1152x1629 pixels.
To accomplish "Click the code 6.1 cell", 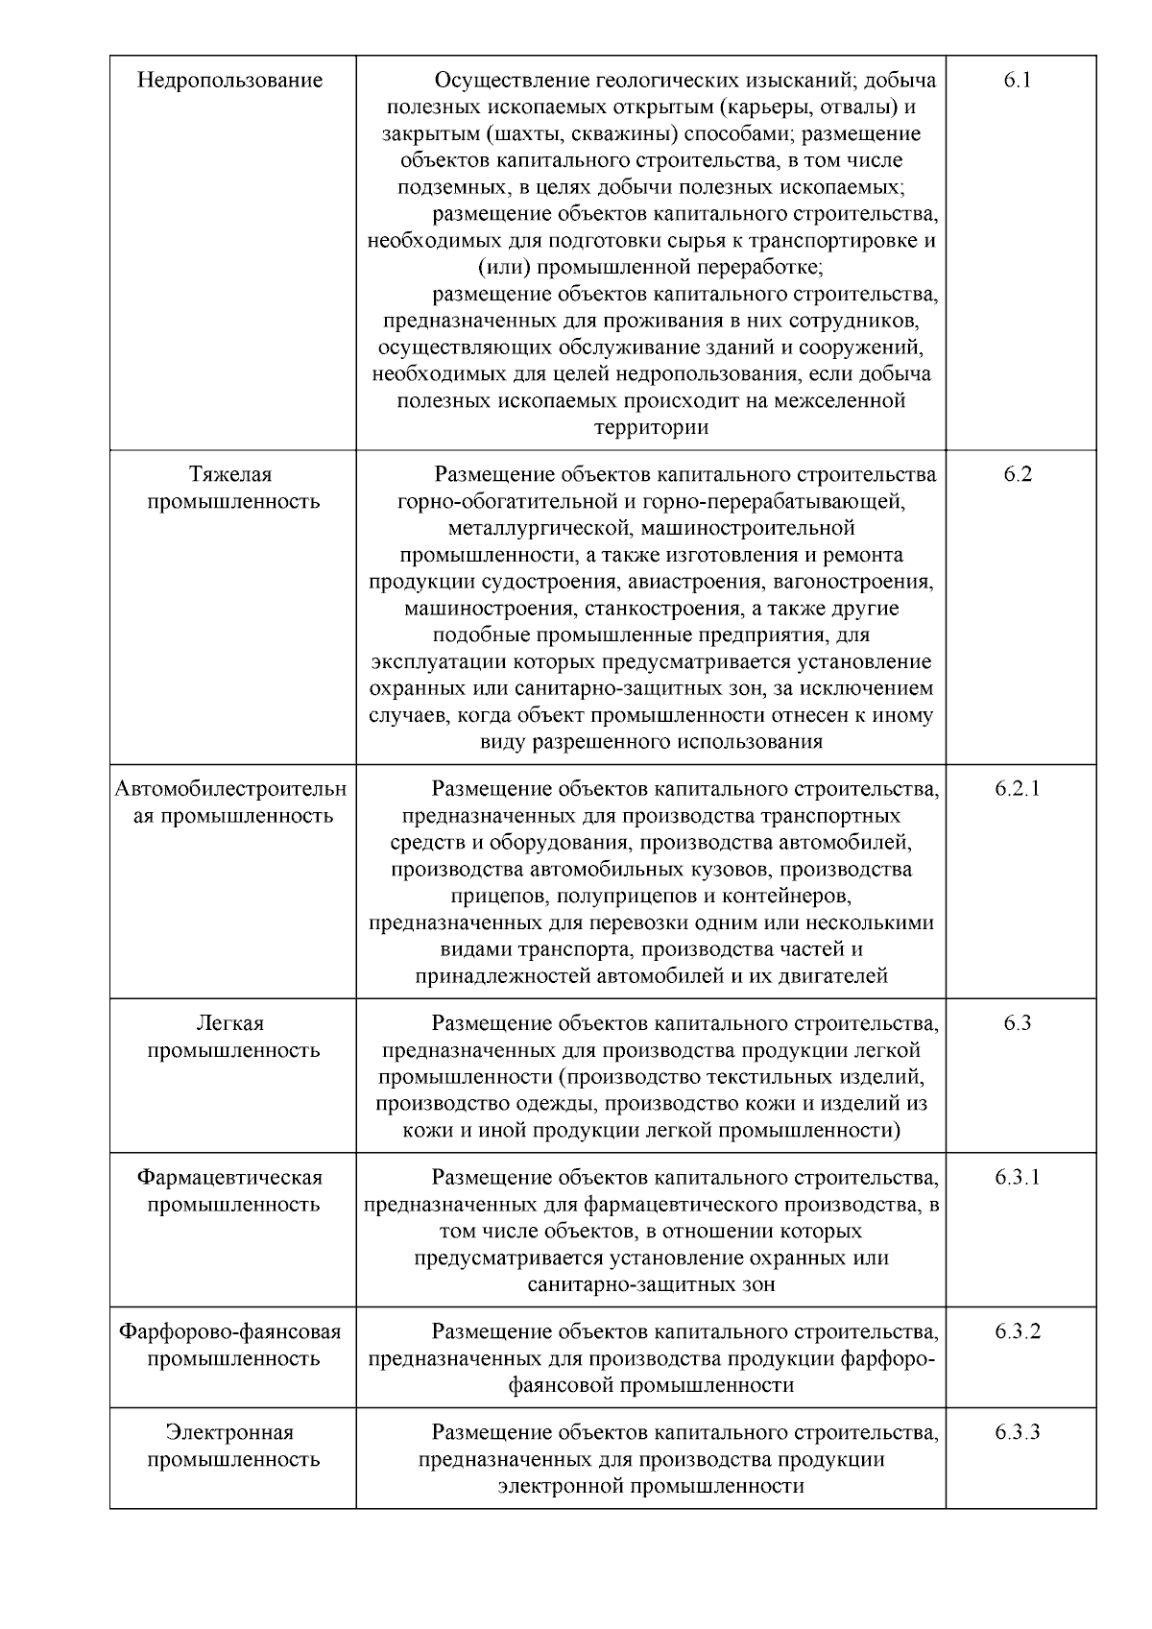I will (1018, 81).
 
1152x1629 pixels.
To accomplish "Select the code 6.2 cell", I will (1018, 474).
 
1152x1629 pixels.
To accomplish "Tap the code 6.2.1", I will (1018, 789).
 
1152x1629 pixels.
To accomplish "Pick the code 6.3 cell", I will (1018, 1023).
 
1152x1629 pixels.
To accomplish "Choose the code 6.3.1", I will (1018, 1178).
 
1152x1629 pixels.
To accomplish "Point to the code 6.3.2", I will (1018, 1331).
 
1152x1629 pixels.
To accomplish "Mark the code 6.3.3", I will (1018, 1433).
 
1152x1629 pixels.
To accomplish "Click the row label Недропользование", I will (230, 81).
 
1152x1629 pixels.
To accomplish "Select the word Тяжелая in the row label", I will (230, 474).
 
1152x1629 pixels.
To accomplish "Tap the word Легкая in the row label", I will (230, 1023).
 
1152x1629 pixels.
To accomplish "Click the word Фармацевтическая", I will (230, 1178).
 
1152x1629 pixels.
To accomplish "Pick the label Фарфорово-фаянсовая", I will (230, 1331).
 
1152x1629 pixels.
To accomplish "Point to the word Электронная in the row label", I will (230, 1433).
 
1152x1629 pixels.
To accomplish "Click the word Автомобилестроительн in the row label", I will (230, 789).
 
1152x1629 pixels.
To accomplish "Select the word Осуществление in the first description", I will (509, 81).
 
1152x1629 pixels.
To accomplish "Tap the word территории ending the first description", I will (651, 428).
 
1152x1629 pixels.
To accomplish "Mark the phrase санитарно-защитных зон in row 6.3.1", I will (651, 1285).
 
